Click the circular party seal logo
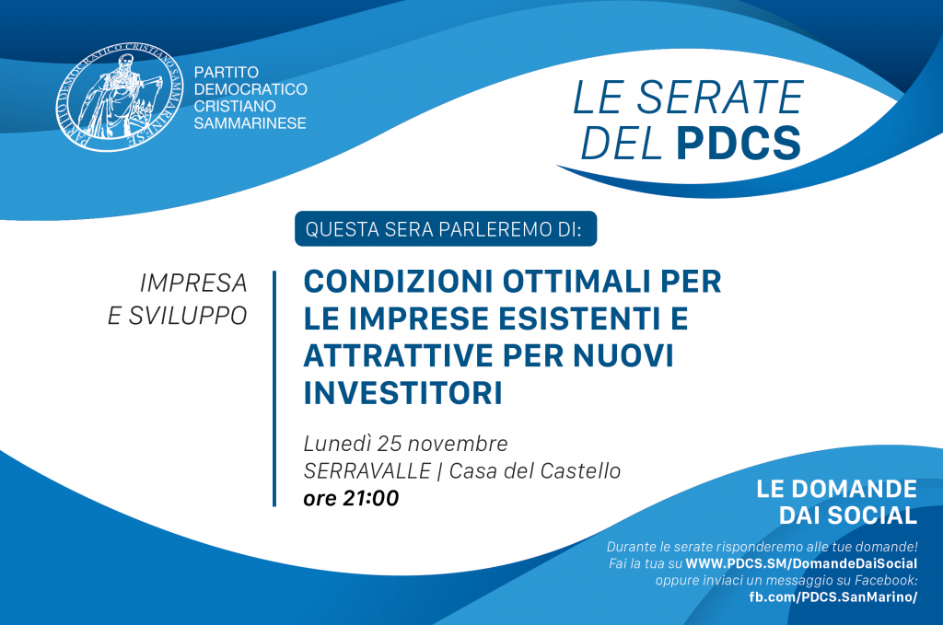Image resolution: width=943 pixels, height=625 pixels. tap(120, 97)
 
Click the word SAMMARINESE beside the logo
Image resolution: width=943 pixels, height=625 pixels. tap(250, 123)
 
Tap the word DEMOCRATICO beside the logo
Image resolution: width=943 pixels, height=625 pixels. tap(250, 89)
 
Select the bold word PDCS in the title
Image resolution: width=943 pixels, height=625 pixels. tap(739, 143)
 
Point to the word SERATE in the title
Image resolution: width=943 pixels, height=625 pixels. tap(720, 97)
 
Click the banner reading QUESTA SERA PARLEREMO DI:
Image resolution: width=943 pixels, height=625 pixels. tap(446, 228)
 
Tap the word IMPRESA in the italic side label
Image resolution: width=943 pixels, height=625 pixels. tap(193, 284)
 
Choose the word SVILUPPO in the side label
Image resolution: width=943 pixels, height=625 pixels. tap(188, 316)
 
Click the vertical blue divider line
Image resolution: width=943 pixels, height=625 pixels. tap(274, 388)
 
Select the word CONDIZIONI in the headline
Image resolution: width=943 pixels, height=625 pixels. tap(398, 282)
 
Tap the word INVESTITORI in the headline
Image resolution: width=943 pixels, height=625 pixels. tap(403, 392)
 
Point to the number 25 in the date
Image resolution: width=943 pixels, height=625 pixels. tap(390, 444)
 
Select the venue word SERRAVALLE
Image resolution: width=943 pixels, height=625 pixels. tap(367, 470)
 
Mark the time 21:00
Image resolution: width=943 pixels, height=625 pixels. tap(370, 498)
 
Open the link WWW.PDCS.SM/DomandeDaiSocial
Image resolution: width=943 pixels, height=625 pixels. tap(801, 563)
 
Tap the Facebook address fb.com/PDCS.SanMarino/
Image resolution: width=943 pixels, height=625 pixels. tap(832, 596)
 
